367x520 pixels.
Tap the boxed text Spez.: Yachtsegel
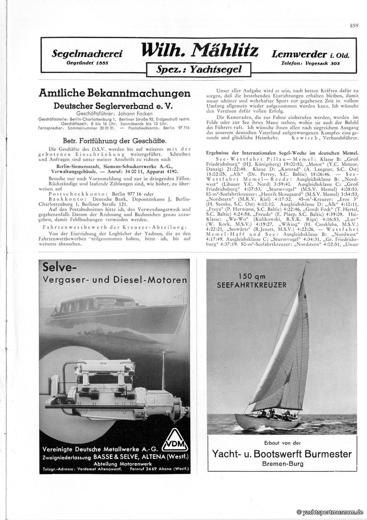[198, 70]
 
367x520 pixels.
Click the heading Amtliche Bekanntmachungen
[114, 93]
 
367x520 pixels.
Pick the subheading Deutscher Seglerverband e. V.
[114, 106]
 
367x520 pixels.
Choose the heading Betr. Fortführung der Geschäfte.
[114, 140]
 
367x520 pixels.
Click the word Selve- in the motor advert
[60, 268]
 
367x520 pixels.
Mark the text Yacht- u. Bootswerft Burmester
[282, 454]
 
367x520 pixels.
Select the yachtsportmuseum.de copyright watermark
[330, 512]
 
